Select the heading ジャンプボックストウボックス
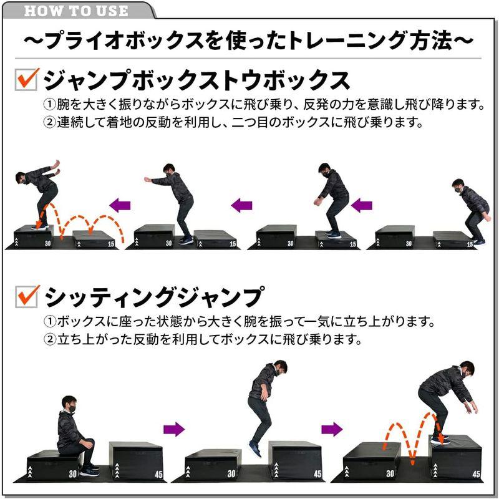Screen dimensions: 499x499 [196, 80]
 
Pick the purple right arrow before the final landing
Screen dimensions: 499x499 [332, 429]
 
